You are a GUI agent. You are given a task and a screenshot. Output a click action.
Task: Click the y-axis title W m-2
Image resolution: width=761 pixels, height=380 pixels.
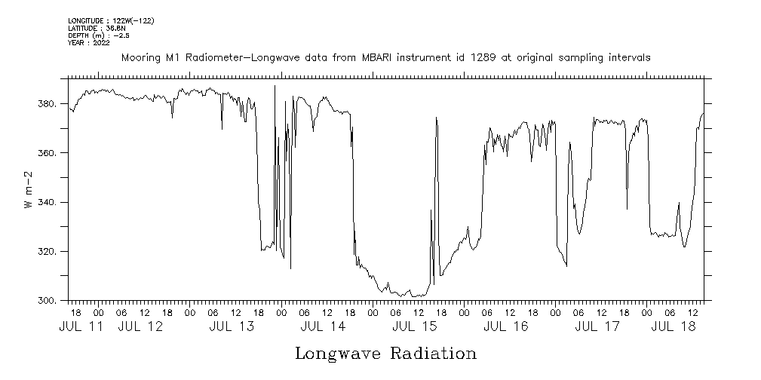point(28,190)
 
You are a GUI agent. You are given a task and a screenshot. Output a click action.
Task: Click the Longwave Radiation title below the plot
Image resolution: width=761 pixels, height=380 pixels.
point(385,354)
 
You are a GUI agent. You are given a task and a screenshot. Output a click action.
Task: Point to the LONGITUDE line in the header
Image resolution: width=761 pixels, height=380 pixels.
point(111,21)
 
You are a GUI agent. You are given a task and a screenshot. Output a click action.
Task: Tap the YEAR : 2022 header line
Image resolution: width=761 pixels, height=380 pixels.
point(89,43)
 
